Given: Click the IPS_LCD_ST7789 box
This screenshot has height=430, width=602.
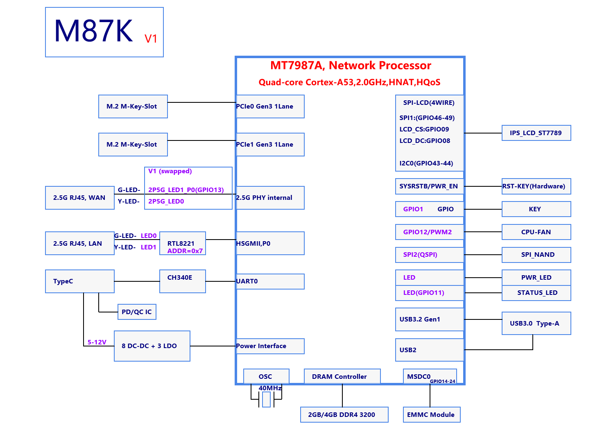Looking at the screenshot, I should click(536, 133).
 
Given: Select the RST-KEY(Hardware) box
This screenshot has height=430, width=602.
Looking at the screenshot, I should click(536, 186).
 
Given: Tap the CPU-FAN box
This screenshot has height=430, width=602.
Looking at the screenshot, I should click(536, 232).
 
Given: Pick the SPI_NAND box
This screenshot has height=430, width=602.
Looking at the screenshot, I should click(536, 255).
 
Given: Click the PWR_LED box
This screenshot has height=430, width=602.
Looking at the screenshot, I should click(536, 278).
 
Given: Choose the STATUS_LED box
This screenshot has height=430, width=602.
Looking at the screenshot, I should click(536, 293).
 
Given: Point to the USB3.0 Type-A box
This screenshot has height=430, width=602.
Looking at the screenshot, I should click(536, 324).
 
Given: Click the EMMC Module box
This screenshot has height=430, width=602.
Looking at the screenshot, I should click(431, 415).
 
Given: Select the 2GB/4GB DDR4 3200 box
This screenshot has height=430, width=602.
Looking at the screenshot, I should click(344, 415).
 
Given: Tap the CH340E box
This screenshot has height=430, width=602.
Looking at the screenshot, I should click(182, 281).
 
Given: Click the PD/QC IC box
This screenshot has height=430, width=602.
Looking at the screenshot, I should click(136, 312).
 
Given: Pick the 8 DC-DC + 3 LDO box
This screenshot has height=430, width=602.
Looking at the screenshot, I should click(152, 346).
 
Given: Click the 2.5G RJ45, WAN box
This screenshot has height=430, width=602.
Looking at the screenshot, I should click(79, 198).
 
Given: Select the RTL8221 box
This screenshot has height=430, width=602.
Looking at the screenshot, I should click(183, 244).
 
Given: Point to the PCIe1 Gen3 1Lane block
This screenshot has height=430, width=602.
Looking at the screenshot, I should click(270, 145).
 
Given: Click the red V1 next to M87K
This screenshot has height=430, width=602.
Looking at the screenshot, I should click(151, 39).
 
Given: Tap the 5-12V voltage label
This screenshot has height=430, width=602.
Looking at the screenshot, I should click(97, 342).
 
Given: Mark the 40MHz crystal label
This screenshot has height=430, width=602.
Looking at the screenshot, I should click(270, 388).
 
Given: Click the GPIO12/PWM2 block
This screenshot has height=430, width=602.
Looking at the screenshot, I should click(429, 232).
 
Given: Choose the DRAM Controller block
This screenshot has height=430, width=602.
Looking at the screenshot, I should click(342, 377).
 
